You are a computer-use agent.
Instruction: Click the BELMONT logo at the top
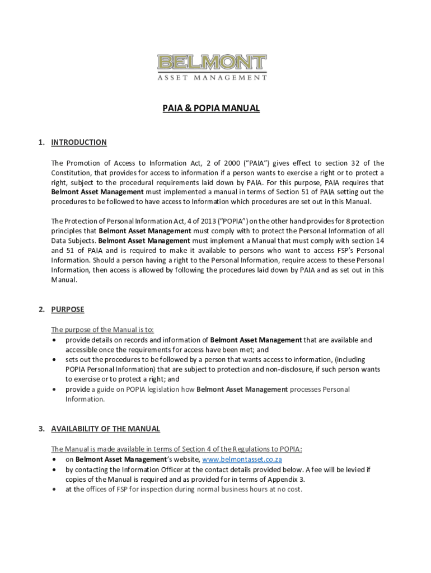point(212,63)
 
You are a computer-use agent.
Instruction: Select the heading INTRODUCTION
point(78,142)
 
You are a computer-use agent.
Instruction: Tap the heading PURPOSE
point(67,309)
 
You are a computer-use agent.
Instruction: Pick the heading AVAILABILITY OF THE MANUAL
point(105,429)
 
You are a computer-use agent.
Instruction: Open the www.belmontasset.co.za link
point(242,459)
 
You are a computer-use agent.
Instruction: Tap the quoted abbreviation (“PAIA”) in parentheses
point(257,163)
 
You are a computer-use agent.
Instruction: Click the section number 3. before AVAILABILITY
point(42,429)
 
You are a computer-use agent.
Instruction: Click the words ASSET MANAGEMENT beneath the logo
point(212,78)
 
